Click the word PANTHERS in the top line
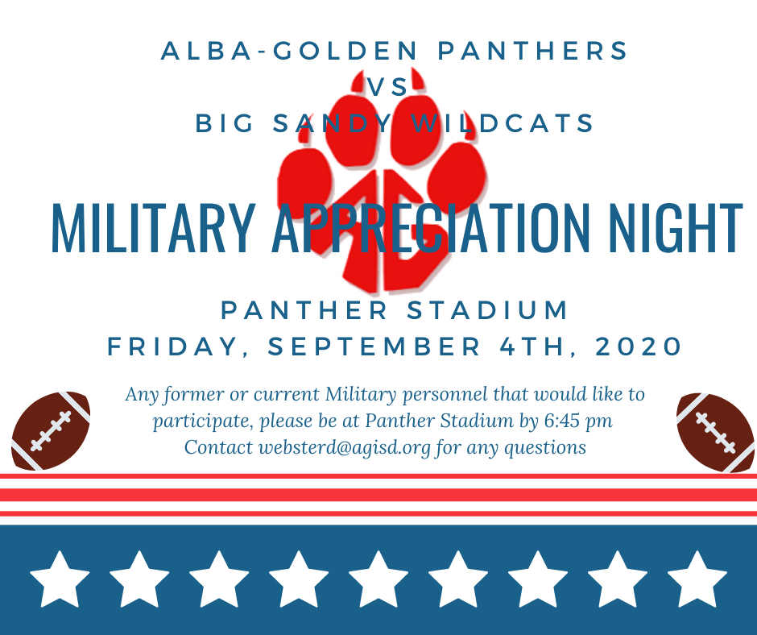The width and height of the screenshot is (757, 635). click(532, 51)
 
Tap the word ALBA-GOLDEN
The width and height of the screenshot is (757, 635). click(289, 51)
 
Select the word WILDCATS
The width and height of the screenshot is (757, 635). click(503, 122)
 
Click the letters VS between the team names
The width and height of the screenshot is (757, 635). click(387, 87)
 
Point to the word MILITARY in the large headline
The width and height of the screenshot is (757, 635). click(153, 228)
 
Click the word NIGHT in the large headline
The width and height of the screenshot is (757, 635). click(676, 228)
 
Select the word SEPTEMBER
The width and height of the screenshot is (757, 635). click(374, 347)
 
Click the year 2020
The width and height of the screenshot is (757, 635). click(639, 347)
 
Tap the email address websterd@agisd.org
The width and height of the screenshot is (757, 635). click(344, 448)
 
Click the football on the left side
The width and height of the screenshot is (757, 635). click(51, 430)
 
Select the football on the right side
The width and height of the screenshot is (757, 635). click(716, 432)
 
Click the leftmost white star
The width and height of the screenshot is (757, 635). click(60, 579)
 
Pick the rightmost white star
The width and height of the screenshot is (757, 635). click(697, 579)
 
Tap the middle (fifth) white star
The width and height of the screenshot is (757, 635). click(378, 579)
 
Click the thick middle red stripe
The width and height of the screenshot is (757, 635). click(378, 494)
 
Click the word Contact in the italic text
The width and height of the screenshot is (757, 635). click(218, 447)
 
